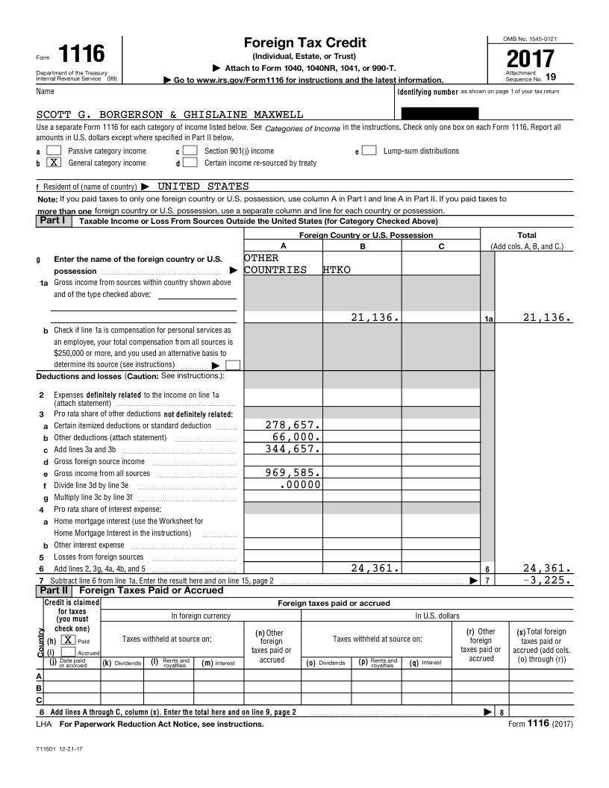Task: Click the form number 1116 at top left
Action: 81,54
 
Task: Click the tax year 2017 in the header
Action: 531,57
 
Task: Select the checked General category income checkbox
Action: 54,163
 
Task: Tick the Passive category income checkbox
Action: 54,151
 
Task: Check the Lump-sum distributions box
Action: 369,151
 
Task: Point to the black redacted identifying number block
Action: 440,114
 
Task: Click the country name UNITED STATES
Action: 203,187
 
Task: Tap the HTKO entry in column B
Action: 337,269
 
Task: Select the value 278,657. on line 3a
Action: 293,425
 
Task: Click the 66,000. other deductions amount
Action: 296,437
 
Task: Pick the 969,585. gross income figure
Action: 293,472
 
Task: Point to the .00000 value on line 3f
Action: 300,484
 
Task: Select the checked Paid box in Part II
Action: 69,640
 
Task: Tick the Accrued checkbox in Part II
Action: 69,652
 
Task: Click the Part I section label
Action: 51,220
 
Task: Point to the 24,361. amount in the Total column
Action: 547,568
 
